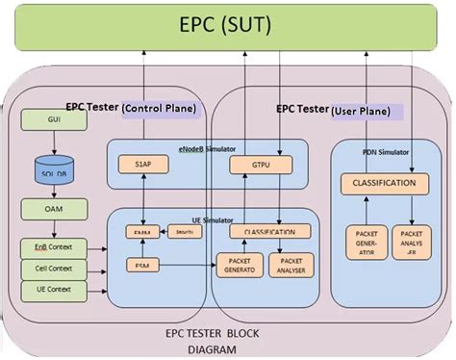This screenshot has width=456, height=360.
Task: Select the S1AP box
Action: click(144, 166)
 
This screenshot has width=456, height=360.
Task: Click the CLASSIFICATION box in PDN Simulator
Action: click(384, 182)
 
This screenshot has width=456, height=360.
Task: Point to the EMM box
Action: click(144, 232)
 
